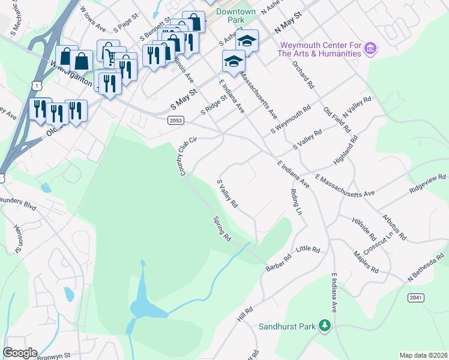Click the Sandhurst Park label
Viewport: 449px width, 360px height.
[x=287, y=327]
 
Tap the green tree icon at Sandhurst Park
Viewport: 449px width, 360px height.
[x=325, y=325]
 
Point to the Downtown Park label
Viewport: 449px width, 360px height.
[x=235, y=16]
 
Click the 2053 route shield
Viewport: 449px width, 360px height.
[x=175, y=121]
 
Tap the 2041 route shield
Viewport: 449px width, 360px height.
[x=415, y=298]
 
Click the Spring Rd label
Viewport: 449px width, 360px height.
[x=222, y=229]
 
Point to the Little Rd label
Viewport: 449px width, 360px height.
[x=309, y=249]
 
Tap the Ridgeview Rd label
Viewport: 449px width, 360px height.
[x=427, y=182]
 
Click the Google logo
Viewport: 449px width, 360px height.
[x=19, y=353]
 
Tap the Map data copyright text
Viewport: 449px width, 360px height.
[x=423, y=355]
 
